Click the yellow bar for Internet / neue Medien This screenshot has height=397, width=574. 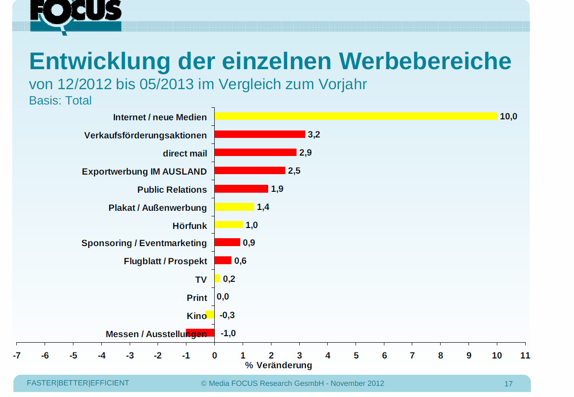pos(356,116)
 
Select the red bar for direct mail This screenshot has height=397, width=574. pos(255,152)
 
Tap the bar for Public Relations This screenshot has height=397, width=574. pos(241,189)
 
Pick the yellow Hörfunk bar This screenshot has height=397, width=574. pos(229,225)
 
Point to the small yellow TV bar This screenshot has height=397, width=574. pos(217,279)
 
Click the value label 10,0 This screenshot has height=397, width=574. pos(508,117)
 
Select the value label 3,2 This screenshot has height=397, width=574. pos(314,135)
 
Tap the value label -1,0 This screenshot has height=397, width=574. pos(228,333)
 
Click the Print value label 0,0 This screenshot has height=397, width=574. pos(223,297)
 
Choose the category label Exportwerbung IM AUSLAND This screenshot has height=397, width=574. pos(144,171)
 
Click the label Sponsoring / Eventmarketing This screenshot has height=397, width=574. pos(144,243)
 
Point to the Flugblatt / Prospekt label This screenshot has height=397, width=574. pos(165,261)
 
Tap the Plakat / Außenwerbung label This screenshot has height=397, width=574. pos(158,207)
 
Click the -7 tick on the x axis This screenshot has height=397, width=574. pos(17,356)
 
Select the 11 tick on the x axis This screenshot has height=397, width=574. pos(525,356)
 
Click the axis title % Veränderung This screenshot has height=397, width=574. pos(278,365)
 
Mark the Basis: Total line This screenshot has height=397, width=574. pos(60,100)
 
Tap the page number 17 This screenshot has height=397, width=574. pos(508,384)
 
